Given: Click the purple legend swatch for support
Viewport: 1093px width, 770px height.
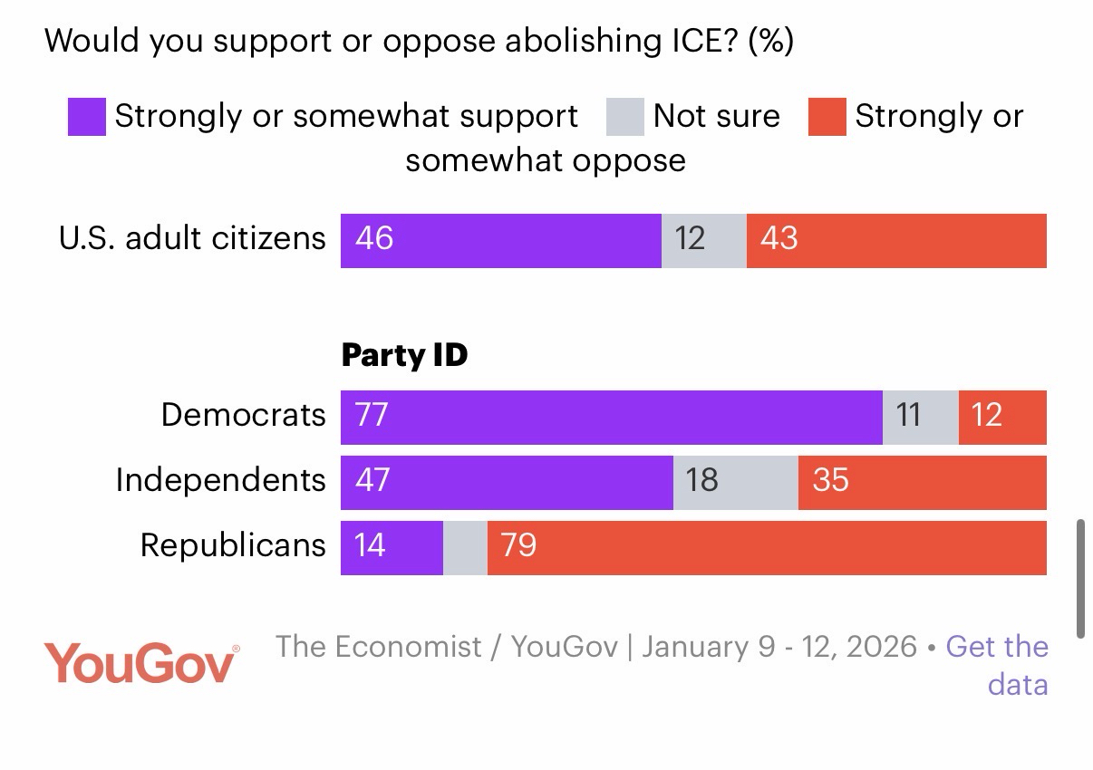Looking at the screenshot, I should click(x=87, y=118).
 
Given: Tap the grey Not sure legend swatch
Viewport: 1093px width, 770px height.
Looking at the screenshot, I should click(x=625, y=118).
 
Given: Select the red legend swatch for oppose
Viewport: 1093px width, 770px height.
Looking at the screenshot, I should click(x=827, y=118).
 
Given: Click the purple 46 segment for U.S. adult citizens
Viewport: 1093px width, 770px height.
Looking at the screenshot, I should click(x=500, y=241).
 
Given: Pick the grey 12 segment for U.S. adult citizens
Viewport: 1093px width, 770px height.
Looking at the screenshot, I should click(x=703, y=241).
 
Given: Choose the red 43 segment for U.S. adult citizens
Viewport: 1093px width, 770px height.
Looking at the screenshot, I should click(x=896, y=241).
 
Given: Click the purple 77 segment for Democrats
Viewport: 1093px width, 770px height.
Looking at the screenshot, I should click(x=611, y=418).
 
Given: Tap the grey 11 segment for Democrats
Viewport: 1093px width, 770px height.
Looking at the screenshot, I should click(x=920, y=418).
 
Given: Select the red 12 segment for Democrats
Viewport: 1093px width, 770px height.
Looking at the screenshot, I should click(x=1002, y=418).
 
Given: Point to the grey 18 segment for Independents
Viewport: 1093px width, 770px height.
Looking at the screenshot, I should click(x=735, y=483).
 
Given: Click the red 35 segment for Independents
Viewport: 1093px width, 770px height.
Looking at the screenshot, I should click(x=922, y=483).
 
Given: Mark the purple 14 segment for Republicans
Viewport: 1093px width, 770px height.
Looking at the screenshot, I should click(x=392, y=548).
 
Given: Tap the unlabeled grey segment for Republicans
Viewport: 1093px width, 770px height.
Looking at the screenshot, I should click(x=465, y=548).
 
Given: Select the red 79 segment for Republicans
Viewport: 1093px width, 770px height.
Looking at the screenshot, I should click(x=767, y=548).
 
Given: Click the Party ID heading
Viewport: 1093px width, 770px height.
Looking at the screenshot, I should click(x=404, y=355).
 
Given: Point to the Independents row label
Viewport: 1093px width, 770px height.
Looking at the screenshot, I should click(x=220, y=480).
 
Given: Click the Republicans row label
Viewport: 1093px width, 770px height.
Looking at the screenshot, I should click(x=233, y=545).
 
